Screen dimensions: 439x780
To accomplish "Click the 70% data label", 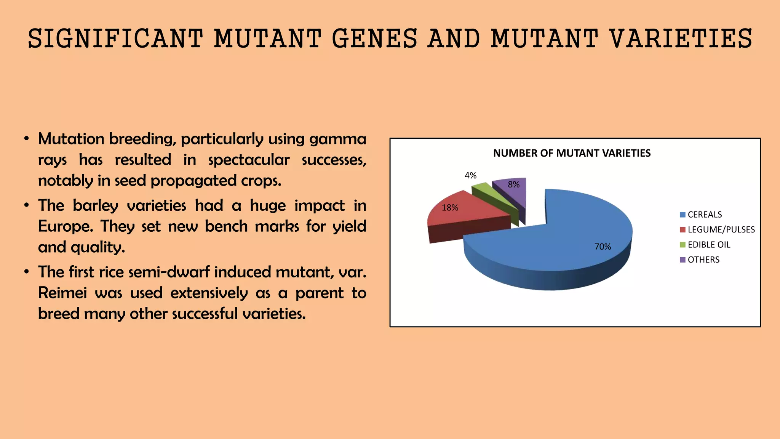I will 603,247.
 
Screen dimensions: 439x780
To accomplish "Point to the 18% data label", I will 450,208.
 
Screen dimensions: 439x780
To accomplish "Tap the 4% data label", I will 470,175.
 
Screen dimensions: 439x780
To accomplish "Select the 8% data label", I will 513,184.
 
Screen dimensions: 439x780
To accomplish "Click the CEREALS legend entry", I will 704,215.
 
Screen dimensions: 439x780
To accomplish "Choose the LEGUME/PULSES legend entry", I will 721,229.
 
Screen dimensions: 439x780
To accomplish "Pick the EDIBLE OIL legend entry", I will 708,245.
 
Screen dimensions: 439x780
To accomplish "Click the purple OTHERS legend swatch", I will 682,260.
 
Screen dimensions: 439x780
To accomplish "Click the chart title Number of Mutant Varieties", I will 572,153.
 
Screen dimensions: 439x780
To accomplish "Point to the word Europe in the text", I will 65,226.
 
